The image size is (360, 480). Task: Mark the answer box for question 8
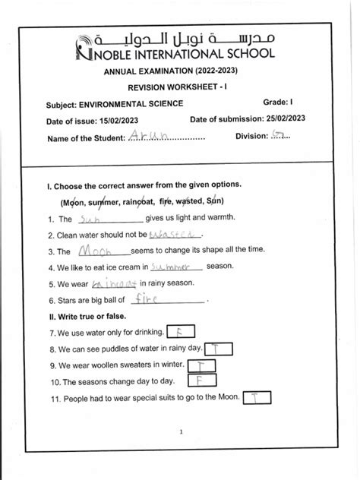pos(217,348)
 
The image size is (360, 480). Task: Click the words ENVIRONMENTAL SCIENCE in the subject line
pos(130,103)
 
